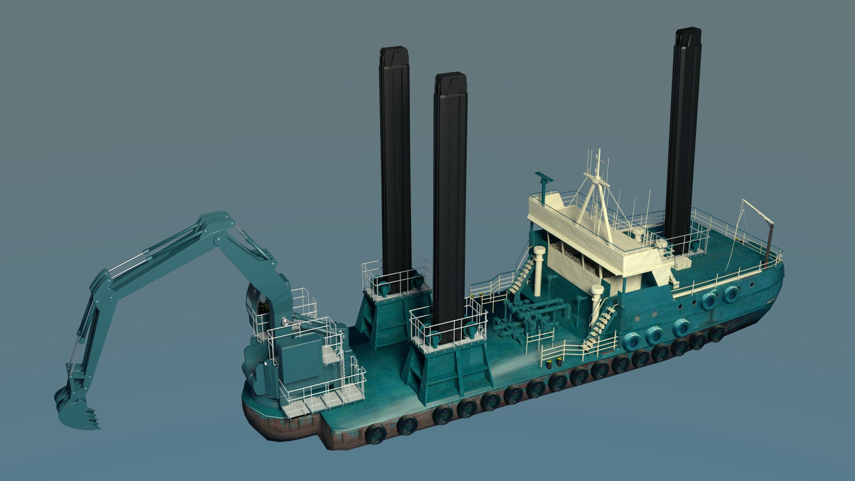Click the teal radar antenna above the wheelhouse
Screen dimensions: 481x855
(544, 178)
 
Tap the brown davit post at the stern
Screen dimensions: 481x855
(769, 245)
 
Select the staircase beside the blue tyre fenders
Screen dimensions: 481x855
(601, 323)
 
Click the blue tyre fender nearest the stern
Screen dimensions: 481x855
(730, 293)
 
